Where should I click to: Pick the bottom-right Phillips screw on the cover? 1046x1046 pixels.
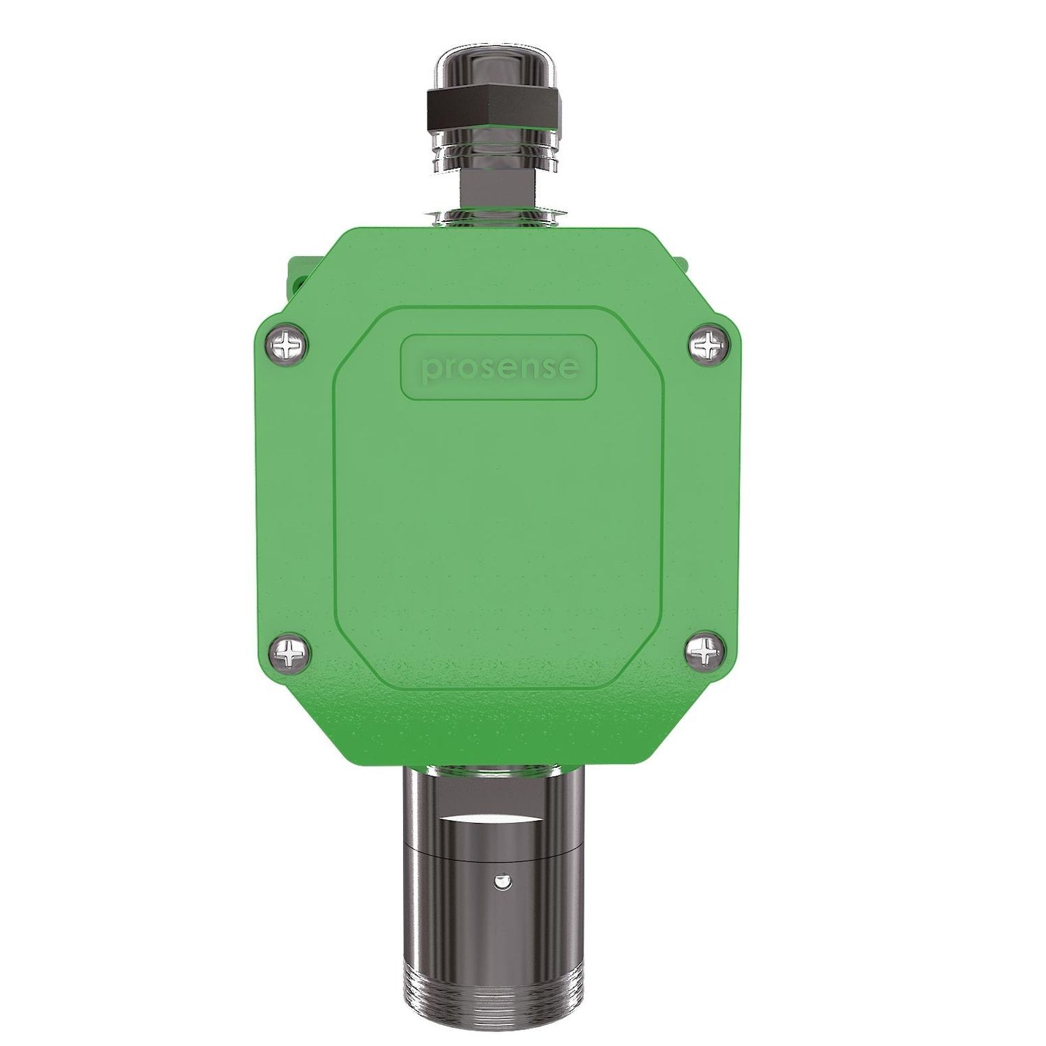707,653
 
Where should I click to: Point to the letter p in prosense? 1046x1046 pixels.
434,370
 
